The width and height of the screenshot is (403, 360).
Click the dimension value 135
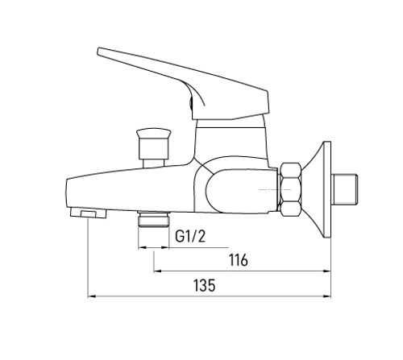tap(205, 285)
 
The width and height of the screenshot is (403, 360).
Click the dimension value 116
tap(238, 260)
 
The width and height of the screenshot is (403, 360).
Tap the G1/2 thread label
tap(190, 236)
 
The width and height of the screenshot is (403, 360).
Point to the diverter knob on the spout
tap(153, 143)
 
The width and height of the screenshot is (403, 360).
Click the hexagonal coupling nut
tap(290, 189)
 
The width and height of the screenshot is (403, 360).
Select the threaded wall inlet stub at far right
tap(345, 189)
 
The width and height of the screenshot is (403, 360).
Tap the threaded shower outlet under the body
tap(153, 219)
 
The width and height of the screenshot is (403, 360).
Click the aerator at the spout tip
tap(88, 213)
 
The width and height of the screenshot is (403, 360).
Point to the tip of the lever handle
tap(98, 52)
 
